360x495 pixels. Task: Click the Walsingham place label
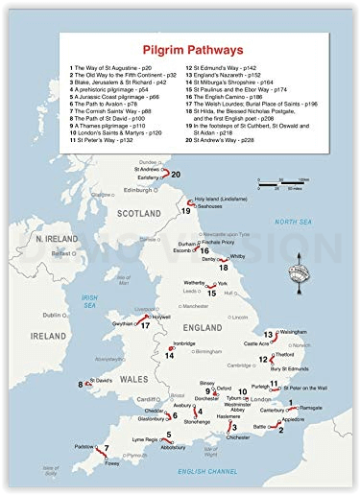[x=292, y=331]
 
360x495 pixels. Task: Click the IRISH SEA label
[x=90, y=300]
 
